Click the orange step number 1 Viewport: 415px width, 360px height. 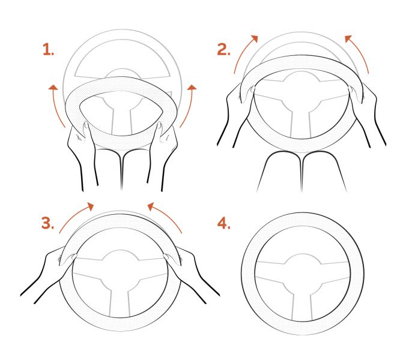tap(48, 49)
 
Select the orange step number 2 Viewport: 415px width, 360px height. tap(223, 49)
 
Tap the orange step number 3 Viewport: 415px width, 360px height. tap(48, 223)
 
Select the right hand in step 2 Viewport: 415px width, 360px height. tap(366, 113)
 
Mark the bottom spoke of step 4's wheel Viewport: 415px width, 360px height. tap(303, 307)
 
